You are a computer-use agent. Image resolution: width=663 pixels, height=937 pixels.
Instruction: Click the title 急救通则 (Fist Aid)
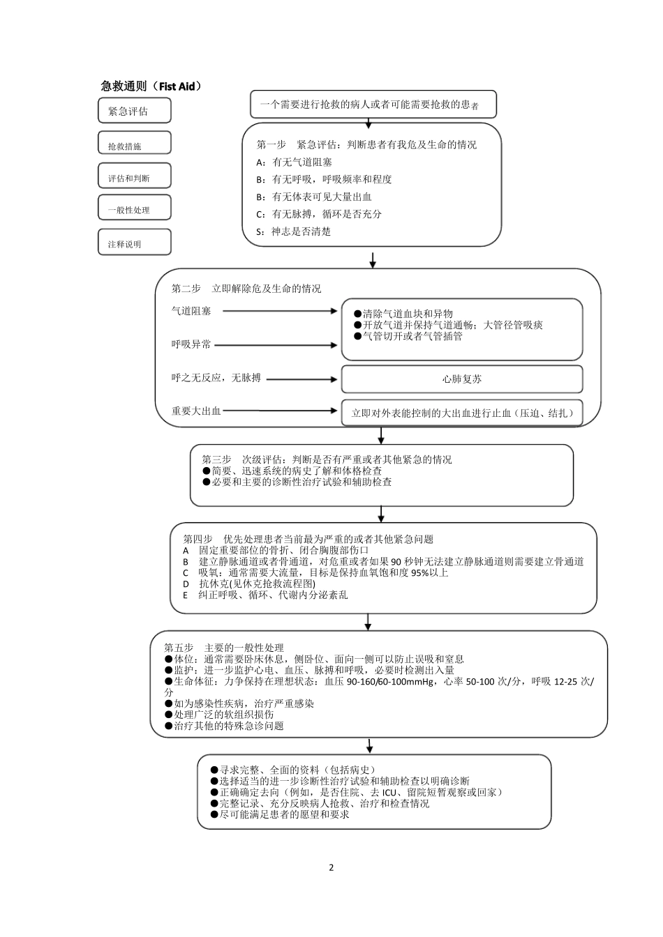[x=151, y=86]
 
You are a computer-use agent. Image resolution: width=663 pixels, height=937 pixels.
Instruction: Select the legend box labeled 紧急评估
[x=134, y=111]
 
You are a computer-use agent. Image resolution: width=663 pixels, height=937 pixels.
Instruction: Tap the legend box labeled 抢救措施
[x=134, y=143]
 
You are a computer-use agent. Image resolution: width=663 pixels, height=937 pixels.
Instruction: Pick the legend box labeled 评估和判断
[x=134, y=177]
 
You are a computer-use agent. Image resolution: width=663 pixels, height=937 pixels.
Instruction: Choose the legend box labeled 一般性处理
[x=134, y=208]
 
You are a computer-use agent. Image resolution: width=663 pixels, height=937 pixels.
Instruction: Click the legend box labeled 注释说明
[x=134, y=242]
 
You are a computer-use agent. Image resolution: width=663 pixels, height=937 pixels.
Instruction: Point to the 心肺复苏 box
[x=461, y=379]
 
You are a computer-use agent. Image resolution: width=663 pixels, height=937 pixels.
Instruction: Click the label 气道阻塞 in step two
[x=191, y=311]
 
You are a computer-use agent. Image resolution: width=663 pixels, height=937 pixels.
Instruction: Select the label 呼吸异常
[x=191, y=344]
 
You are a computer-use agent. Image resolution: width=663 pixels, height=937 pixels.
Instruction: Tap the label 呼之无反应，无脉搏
[x=216, y=378]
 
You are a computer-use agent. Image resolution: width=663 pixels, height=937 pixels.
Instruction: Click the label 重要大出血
[x=196, y=411]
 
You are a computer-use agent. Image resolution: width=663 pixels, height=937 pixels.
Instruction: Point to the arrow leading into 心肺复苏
[x=301, y=379]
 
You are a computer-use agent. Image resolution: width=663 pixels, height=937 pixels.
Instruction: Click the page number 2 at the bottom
[x=331, y=868]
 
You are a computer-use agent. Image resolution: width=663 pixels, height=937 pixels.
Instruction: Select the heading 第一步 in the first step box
[x=271, y=145]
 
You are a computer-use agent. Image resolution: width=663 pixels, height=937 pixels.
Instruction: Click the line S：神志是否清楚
[x=293, y=231]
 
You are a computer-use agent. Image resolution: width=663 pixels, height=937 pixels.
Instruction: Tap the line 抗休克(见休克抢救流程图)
[x=249, y=584]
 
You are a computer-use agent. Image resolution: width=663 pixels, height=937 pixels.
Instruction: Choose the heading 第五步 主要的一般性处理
[x=223, y=648]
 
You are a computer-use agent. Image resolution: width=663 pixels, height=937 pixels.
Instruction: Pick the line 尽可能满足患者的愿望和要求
[x=279, y=814]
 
